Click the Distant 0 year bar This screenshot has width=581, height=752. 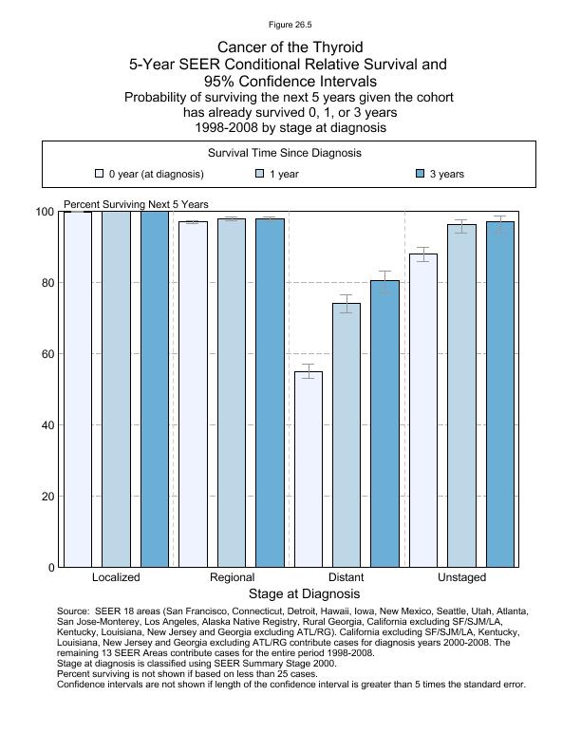pos(309,469)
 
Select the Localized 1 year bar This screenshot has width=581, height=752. pos(116,389)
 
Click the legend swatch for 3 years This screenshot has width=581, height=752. pos(421,175)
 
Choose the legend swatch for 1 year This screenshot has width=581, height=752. pos(260,175)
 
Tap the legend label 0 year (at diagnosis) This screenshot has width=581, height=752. pos(156,175)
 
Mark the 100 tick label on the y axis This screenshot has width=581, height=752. pos(44,212)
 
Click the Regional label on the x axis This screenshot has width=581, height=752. pos(232,577)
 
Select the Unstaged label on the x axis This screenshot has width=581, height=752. pos(461,577)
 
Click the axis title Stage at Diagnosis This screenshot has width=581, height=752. pos(290,594)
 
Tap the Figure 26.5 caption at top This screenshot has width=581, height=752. pos(290,25)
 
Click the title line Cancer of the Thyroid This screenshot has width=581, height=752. pos(290,47)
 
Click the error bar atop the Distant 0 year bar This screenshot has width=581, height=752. pos(309,371)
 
